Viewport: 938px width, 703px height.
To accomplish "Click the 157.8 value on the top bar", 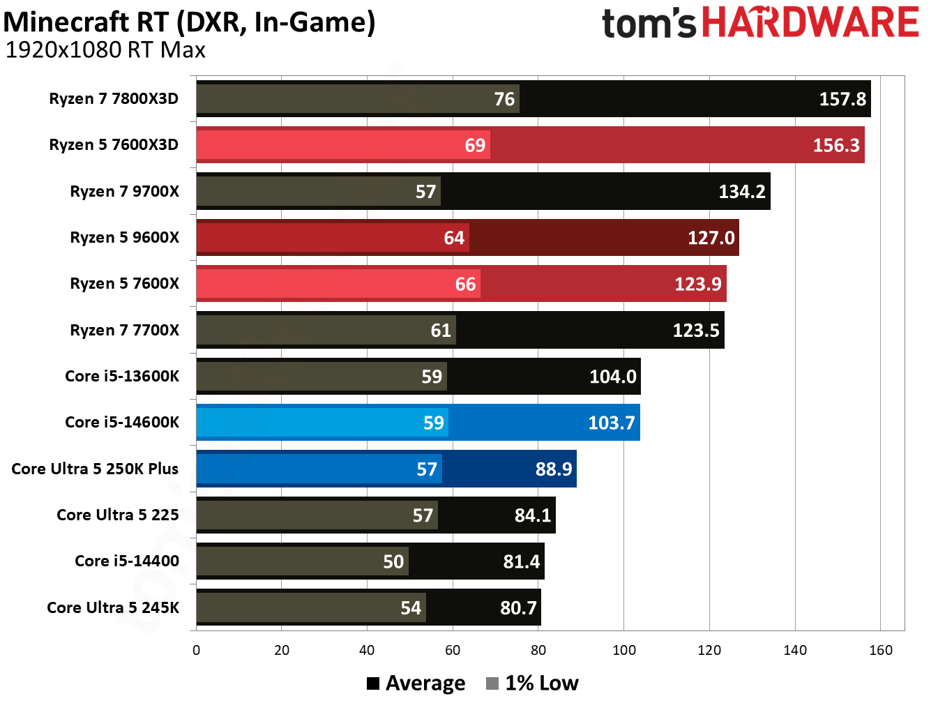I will [x=842, y=99].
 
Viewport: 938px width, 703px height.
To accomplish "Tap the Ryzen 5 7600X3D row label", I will [x=114, y=145].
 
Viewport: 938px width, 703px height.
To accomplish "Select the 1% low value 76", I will [x=504, y=99].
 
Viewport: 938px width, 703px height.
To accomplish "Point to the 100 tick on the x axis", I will [x=624, y=650].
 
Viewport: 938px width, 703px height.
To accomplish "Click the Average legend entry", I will [x=416, y=683].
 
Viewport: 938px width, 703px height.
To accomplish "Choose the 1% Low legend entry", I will [x=532, y=683].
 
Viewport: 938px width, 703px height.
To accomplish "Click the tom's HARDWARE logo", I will [x=760, y=23].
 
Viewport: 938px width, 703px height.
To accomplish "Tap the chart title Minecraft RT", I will [x=189, y=22].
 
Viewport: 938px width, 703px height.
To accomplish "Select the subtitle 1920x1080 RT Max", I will [x=105, y=51].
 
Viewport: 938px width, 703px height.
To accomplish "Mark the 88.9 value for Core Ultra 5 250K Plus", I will [x=553, y=469].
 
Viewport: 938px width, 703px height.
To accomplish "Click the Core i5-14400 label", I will [x=127, y=561].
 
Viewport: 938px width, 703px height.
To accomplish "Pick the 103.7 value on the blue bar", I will [x=611, y=423].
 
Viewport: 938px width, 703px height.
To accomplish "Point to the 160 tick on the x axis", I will [x=881, y=650].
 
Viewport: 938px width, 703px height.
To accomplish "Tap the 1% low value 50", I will [x=393, y=561].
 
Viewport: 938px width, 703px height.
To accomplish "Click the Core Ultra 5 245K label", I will [x=113, y=607].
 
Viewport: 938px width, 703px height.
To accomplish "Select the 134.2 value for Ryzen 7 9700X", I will [x=741, y=192].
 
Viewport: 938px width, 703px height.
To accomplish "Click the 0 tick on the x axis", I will [x=196, y=650].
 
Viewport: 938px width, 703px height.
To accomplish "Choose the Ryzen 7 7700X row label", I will [x=124, y=330].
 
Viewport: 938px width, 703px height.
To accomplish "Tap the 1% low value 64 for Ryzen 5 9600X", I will [x=454, y=238].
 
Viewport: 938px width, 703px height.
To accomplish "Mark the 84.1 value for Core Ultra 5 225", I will [x=532, y=515].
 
